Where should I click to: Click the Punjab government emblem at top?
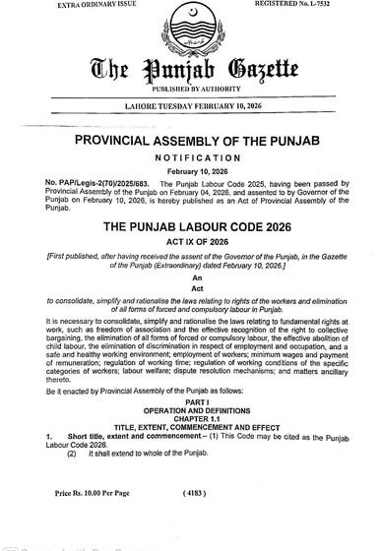pyautogui.click(x=190, y=21)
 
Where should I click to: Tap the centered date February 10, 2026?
pyautogui.click(x=190, y=169)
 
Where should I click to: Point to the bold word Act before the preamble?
pyautogui.click(x=190, y=292)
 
